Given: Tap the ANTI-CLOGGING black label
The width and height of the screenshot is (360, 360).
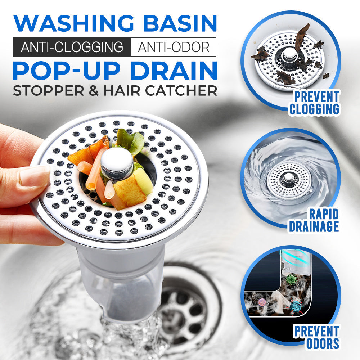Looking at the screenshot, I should click(72, 47).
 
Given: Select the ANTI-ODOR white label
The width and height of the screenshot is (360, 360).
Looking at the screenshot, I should click(173, 47).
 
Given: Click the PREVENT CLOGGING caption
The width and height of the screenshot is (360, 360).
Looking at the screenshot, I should click(314, 103).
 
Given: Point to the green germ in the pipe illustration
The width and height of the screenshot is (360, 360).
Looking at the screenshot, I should click(291, 279).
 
